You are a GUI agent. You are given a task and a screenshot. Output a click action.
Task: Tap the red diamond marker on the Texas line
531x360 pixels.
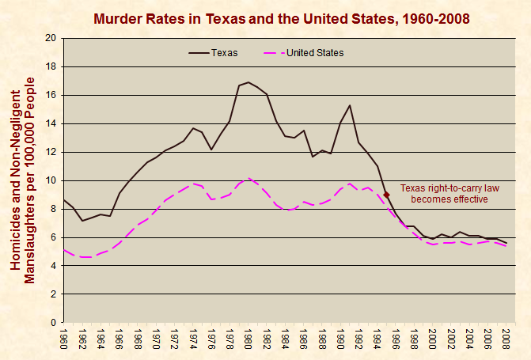pos(386,194)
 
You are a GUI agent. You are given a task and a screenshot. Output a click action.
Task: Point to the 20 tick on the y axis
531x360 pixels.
pos(51,38)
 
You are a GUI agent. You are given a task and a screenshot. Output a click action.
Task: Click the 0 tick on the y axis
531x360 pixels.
pos(53,323)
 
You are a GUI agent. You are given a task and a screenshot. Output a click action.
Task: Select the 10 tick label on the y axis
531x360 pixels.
pos(51,180)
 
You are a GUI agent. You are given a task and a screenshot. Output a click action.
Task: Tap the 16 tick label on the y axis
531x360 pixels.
pos(51,95)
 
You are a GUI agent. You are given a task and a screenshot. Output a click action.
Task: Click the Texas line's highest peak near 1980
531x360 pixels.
pos(248,82)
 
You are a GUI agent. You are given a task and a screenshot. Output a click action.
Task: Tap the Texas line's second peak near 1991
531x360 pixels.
pos(349,105)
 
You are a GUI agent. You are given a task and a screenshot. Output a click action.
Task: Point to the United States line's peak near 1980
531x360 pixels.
pos(248,178)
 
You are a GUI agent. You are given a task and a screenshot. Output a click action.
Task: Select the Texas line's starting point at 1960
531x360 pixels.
pos(64,200)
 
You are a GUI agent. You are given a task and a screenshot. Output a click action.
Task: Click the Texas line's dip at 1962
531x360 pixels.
pos(82,221)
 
